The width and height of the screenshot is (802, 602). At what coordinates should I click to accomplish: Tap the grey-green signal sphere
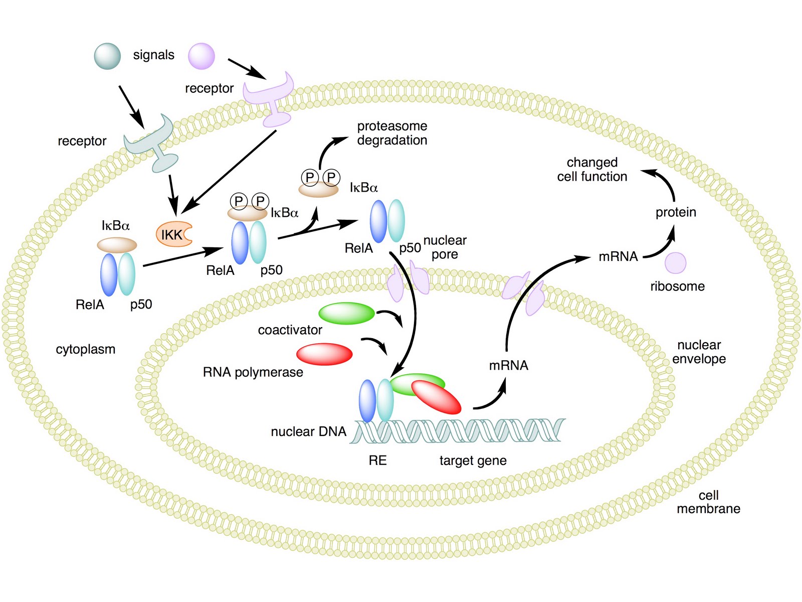(x=107, y=56)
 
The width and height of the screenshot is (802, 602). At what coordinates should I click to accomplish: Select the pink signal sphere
(x=202, y=56)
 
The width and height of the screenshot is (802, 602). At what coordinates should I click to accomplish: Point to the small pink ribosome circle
(x=675, y=263)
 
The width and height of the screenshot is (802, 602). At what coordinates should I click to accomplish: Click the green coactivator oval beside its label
(x=346, y=314)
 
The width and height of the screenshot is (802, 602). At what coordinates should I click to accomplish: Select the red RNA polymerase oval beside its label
(x=324, y=354)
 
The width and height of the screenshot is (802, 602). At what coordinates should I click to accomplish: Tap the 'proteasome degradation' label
(x=392, y=133)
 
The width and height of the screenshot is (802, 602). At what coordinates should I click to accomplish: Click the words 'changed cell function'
(x=592, y=170)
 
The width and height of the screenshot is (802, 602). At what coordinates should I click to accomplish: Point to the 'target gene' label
(x=473, y=461)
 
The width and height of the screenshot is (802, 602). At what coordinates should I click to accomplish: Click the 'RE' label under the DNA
(x=377, y=461)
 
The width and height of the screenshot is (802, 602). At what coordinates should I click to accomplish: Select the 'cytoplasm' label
(x=85, y=349)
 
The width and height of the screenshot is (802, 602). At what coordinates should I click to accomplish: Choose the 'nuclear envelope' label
(x=699, y=352)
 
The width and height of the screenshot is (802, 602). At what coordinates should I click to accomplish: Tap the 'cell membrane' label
(x=708, y=502)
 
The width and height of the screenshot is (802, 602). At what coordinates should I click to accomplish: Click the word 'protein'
(x=676, y=212)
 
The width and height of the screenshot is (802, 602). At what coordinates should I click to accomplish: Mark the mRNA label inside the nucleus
(x=508, y=365)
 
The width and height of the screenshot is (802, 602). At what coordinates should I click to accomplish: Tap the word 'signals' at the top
(x=153, y=55)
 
